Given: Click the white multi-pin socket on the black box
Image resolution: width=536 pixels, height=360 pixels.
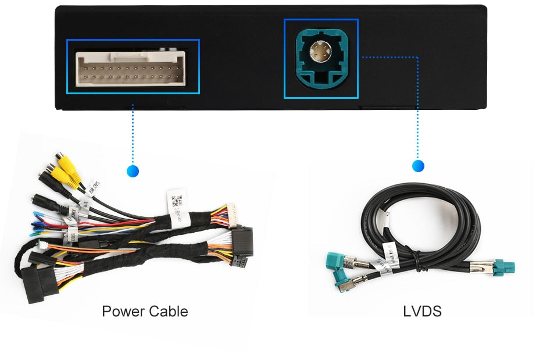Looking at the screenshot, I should [x=133, y=66].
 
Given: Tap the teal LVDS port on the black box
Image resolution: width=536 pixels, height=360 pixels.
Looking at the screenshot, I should [x=321, y=58].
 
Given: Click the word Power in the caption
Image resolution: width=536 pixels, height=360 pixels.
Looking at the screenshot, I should [x=120, y=311].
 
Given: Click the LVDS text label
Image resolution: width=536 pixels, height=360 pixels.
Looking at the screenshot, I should [x=422, y=311].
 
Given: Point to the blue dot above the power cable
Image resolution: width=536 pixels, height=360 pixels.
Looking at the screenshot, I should [x=133, y=171].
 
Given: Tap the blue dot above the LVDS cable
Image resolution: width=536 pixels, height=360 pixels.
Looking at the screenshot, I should [x=418, y=166].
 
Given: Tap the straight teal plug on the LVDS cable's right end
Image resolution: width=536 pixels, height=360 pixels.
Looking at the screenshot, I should [x=505, y=268].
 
